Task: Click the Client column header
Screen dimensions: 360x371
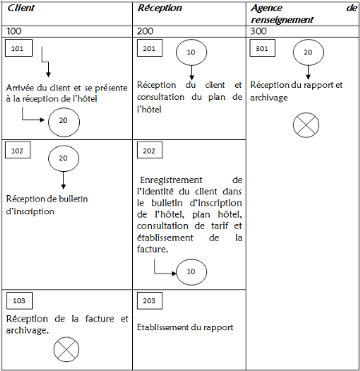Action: coord(21,8)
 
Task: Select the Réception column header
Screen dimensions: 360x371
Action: coord(159,8)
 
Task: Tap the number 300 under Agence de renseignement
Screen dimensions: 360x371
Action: coord(258,31)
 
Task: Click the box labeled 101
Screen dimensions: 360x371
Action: coord(18,48)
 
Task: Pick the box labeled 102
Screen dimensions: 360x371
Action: coord(18,150)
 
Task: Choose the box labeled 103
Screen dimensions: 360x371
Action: coord(19,301)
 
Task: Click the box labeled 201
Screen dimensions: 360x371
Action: coord(150,48)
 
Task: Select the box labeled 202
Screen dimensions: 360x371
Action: coord(150,150)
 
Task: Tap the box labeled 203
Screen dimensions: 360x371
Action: coord(150,301)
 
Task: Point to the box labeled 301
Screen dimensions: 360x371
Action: coord(262,48)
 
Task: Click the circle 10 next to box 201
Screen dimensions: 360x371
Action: coord(191,52)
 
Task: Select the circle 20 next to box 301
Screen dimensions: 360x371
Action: coord(308,52)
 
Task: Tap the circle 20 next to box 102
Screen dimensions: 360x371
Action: coord(63,158)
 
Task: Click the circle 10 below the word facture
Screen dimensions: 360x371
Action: coord(191,272)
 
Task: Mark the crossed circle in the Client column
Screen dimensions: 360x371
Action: coord(66,349)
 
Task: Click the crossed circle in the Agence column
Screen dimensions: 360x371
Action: coord(306,125)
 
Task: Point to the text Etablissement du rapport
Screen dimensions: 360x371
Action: coord(185,327)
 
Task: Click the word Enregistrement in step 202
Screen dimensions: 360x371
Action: coord(171,180)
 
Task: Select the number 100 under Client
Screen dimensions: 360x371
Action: coord(14,31)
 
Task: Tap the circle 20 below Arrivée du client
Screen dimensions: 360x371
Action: coord(64,122)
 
